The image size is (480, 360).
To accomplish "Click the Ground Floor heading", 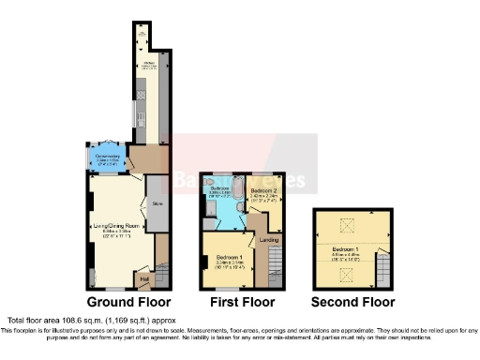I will tap(128, 303).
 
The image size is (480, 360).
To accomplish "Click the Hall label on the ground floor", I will tap(145, 277).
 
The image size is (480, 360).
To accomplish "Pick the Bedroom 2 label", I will tap(262, 191).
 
